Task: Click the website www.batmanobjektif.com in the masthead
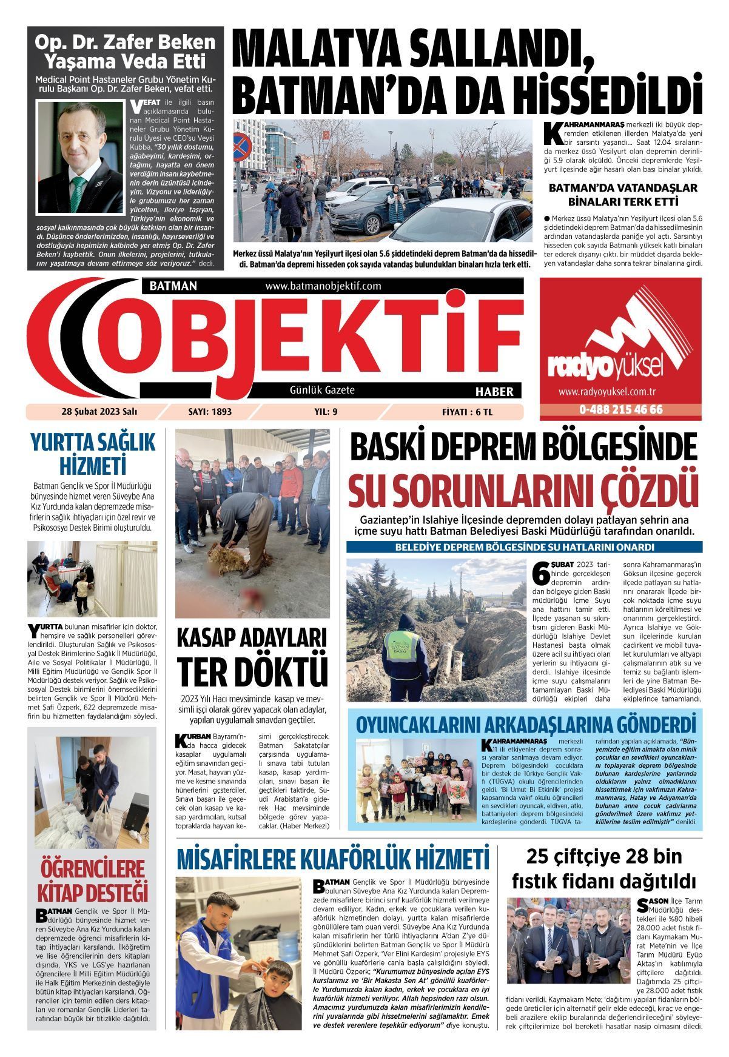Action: [323, 286]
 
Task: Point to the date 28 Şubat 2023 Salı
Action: [99, 412]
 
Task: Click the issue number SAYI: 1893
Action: [210, 412]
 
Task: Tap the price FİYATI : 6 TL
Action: [467, 412]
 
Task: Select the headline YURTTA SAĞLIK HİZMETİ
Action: [92, 454]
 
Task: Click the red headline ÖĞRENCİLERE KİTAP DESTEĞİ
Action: [92, 881]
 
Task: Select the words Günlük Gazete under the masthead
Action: [322, 391]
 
